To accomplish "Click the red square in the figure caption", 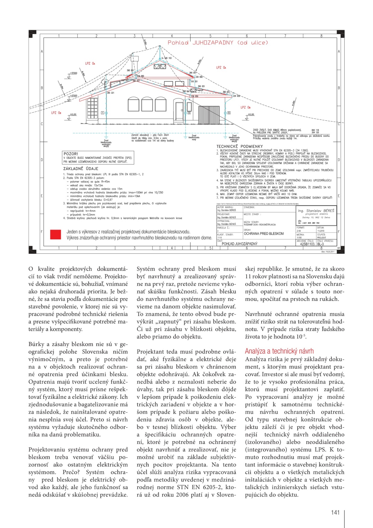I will pyautogui.click(x=55, y=234).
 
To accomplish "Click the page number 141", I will pyautogui.click(x=335, y=513).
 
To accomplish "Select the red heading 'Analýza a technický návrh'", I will pyautogui.click(x=279, y=351).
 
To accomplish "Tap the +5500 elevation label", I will pyautogui.click(x=73, y=73).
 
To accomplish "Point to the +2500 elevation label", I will pyautogui.click(x=73, y=96).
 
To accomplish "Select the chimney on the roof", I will pyautogui.click(x=134, y=62).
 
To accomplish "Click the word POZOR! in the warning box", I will pyautogui.click(x=71, y=154).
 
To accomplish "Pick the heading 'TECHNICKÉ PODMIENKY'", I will pyautogui.click(x=239, y=146).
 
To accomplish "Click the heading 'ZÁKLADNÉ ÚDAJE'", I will pyautogui.click(x=81, y=169).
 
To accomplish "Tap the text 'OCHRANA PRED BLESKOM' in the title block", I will pyautogui.click(x=264, y=234).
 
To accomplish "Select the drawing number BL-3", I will pyautogui.click(x=321, y=244).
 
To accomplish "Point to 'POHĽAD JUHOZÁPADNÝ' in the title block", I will pyautogui.click(x=239, y=244).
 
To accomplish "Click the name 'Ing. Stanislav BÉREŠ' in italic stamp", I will pyautogui.click(x=316, y=211).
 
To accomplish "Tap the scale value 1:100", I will pyautogui.click(x=300, y=238).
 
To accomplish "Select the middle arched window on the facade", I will pyautogui.click(x=147, y=104).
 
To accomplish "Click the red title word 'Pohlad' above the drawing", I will pyautogui.click(x=178, y=43).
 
